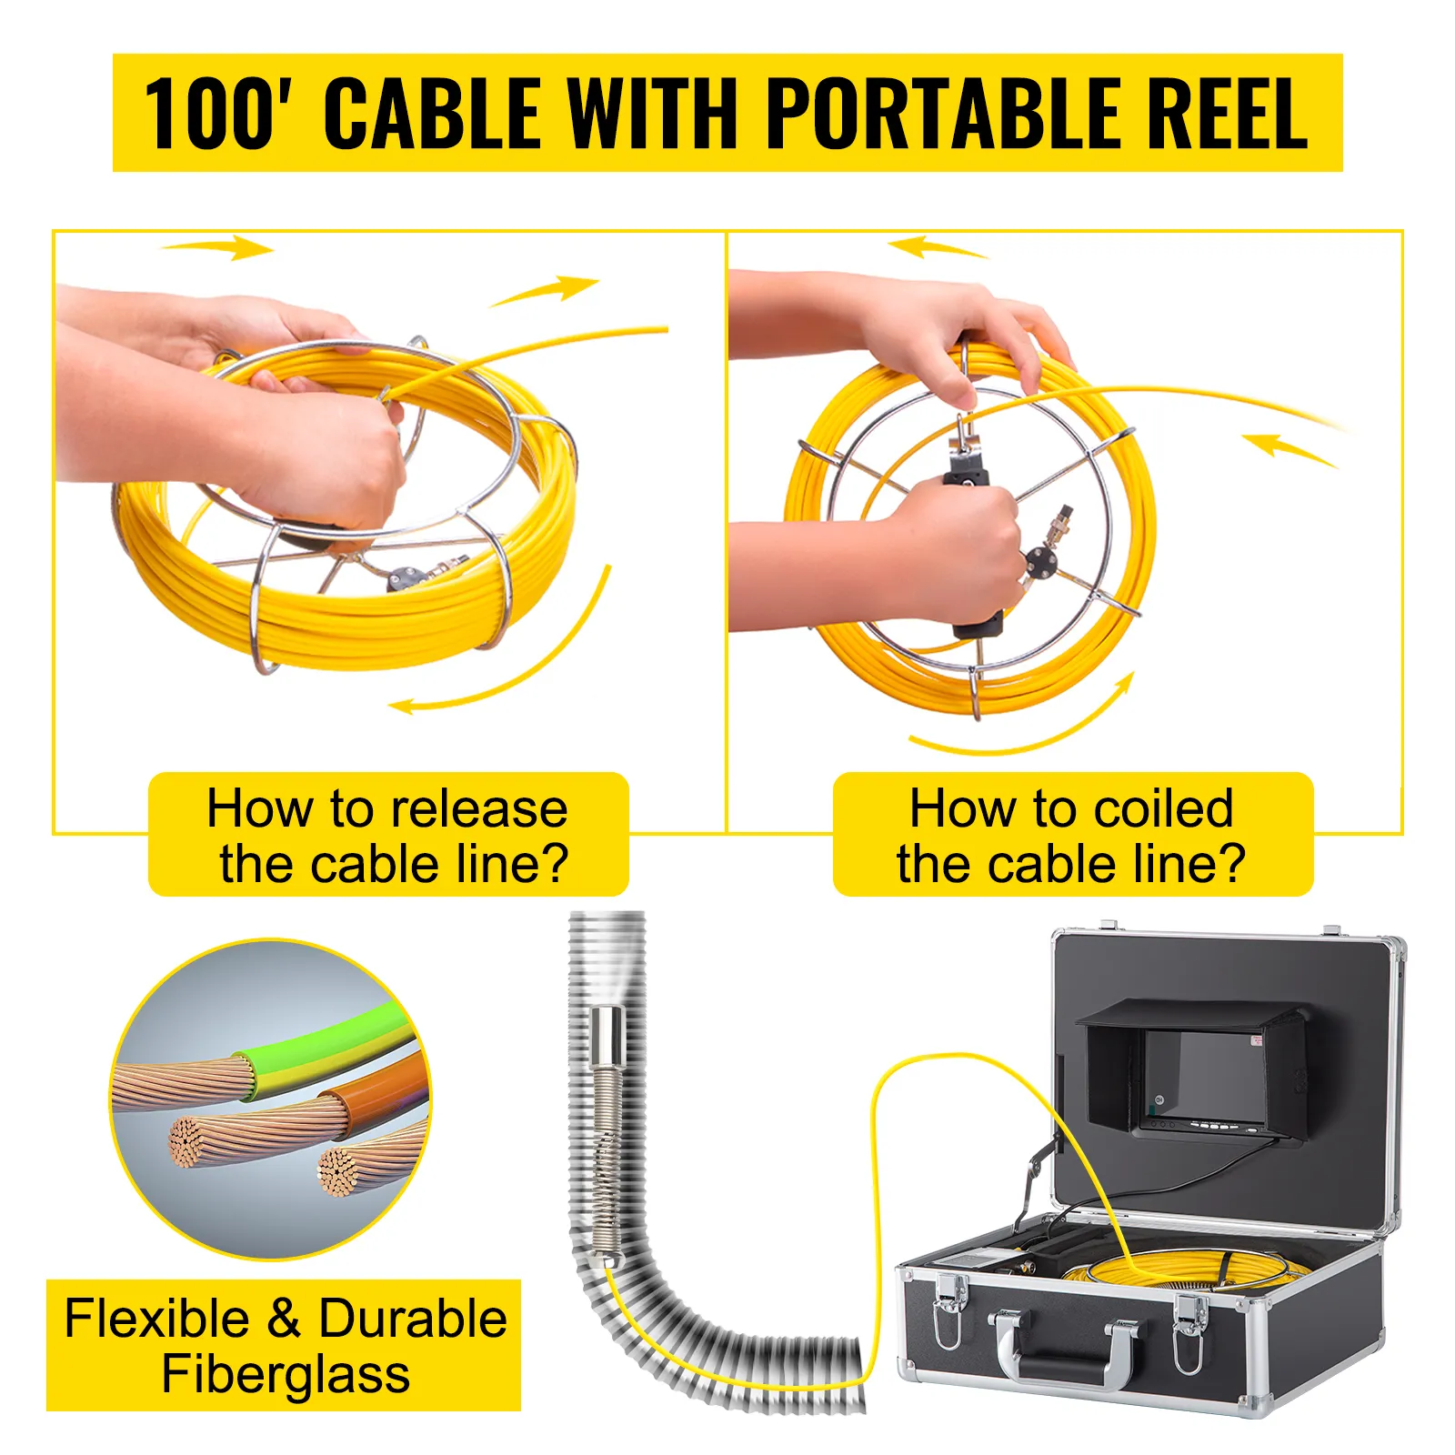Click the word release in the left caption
click(473, 808)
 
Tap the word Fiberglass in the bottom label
click(286, 1373)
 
